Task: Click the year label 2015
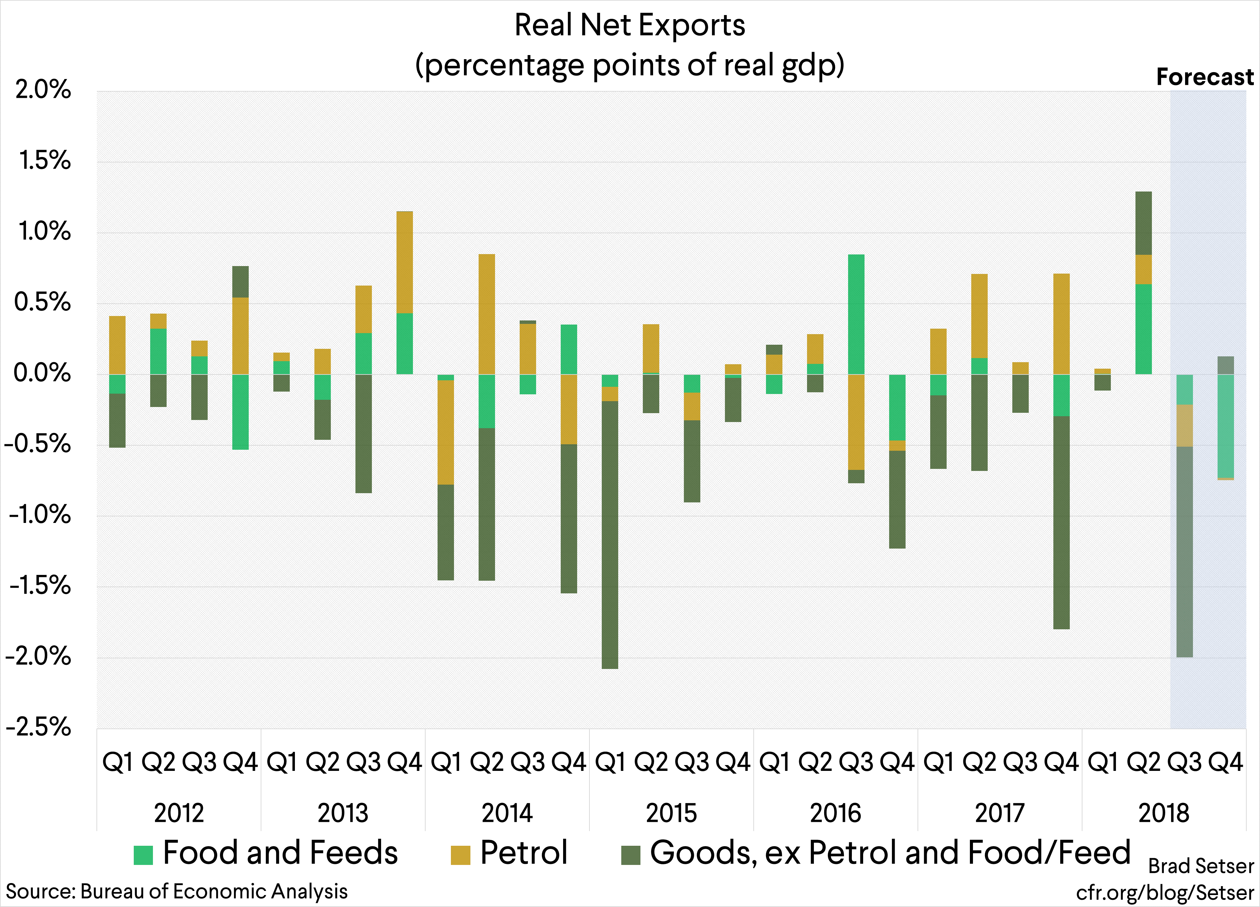coord(671,813)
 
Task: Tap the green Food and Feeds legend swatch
coord(143,855)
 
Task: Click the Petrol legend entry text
coord(523,853)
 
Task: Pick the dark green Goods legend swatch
coord(631,855)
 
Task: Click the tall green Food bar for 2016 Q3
coord(856,314)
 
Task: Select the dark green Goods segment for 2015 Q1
coord(610,534)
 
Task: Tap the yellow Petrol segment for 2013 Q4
coord(404,262)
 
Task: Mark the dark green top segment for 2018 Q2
coord(1143,223)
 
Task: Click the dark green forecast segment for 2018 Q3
coord(1184,552)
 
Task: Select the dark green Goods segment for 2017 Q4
coord(1062,522)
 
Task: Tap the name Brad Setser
coord(1200,866)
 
